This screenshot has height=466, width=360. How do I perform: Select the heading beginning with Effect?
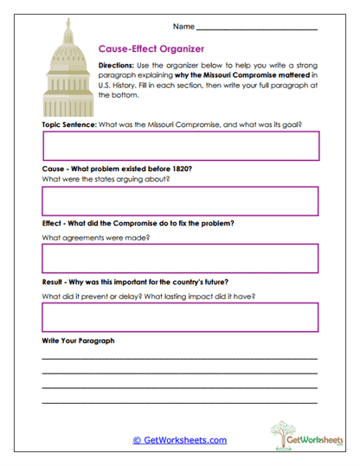[x=138, y=223]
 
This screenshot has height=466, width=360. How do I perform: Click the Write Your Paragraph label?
[x=78, y=341]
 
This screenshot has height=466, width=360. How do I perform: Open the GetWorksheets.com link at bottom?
[x=179, y=440]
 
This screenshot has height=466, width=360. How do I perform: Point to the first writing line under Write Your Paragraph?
[x=180, y=358]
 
